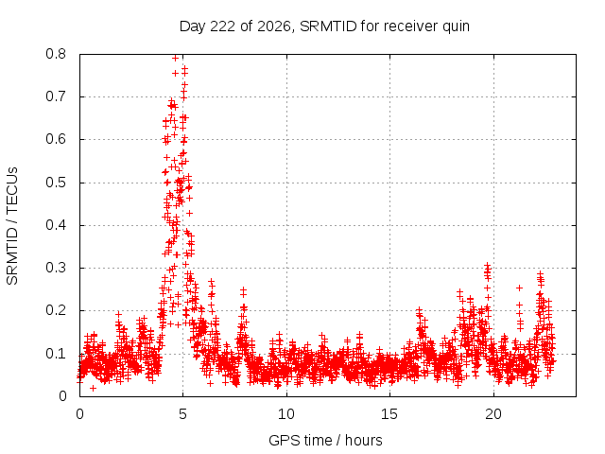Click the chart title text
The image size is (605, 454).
pos(324,26)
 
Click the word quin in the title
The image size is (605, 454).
pos(456,27)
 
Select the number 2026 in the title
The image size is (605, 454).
pos(273,26)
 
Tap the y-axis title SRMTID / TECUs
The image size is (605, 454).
pos(12,226)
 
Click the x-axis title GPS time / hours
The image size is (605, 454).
pos(325,440)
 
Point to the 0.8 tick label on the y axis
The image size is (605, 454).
pos(56,54)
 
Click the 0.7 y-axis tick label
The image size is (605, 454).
pos(56,96)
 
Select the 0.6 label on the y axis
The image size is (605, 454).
pos(56,139)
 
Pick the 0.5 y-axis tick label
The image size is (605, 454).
pos(56,183)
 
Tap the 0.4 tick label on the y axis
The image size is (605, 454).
pos(56,225)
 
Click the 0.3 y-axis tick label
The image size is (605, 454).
pos(56,268)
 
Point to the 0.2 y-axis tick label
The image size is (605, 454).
pos(56,311)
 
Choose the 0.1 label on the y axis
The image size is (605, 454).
pos(56,354)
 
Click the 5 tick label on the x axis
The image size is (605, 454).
pos(182,414)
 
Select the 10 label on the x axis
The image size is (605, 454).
pos(286,414)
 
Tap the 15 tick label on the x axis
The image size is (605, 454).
pos(389,414)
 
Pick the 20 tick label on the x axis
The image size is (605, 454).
pos(493,414)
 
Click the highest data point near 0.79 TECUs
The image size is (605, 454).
pos(175,58)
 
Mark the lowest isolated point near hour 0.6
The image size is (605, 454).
pos(93,388)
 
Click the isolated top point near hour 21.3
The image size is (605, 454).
pos(519,288)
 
